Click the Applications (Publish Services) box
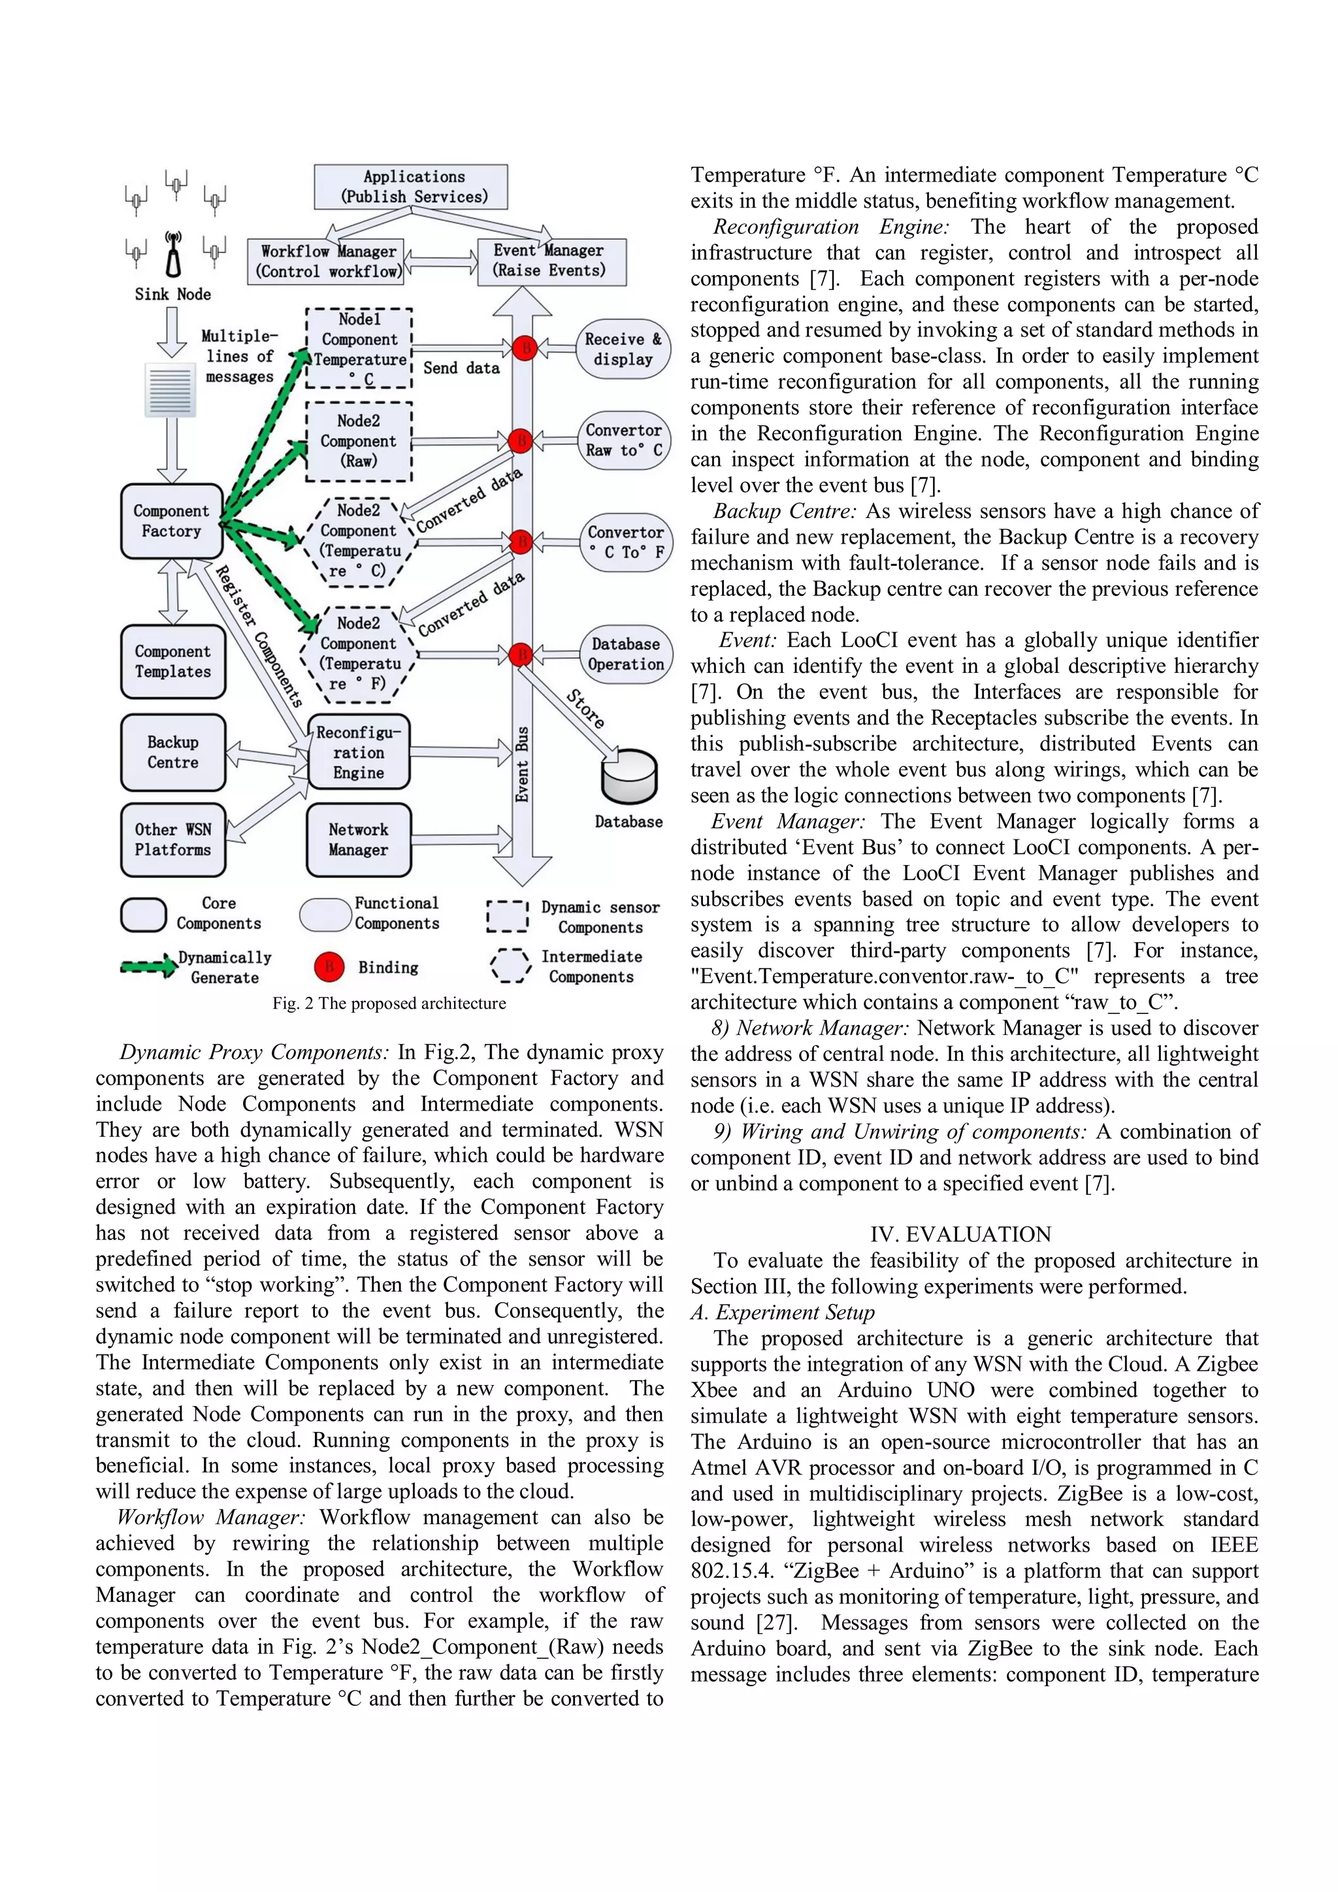click(410, 187)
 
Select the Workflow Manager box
click(326, 261)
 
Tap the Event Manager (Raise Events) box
click(551, 261)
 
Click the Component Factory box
click(171, 521)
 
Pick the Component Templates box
click(173, 662)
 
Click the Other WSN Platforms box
click(173, 840)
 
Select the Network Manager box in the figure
click(359, 840)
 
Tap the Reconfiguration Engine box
click(359, 753)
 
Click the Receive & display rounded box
click(623, 350)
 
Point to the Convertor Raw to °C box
click(624, 441)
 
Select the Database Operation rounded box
click(625, 654)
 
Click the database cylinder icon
click(629, 777)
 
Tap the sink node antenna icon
click(173, 256)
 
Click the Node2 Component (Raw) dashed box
click(359, 442)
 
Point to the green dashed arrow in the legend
click(148, 968)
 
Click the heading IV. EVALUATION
click(960, 1234)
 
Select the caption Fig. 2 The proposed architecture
click(389, 1003)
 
